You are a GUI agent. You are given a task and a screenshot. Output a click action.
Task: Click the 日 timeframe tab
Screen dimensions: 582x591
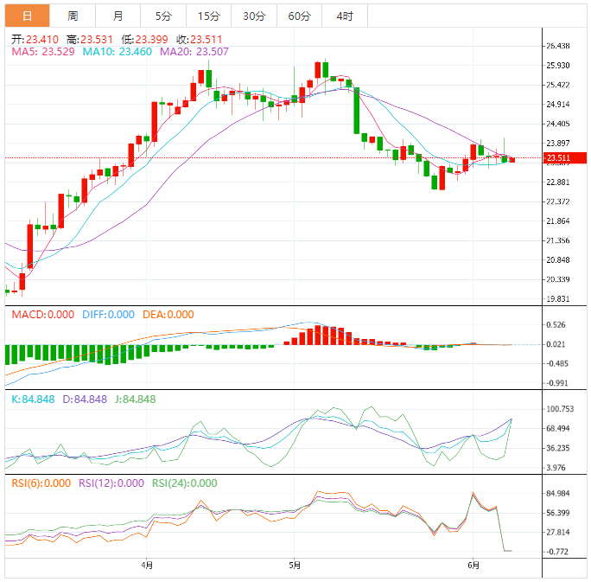point(28,16)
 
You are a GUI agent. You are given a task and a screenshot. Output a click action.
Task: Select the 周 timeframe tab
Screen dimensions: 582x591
point(73,16)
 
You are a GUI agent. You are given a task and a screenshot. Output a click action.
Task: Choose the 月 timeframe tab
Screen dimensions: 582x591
point(118,16)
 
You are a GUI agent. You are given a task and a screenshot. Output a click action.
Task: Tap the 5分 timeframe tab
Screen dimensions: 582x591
point(162,16)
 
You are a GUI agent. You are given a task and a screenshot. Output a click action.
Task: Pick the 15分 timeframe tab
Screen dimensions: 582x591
point(208,16)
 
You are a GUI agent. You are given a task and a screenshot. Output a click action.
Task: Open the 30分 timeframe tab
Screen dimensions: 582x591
point(254,16)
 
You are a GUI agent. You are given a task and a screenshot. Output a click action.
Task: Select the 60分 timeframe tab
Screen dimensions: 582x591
point(299,16)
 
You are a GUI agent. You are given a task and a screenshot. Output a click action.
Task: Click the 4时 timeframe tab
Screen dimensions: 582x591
point(344,16)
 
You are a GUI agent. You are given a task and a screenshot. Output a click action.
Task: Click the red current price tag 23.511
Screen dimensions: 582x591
point(563,158)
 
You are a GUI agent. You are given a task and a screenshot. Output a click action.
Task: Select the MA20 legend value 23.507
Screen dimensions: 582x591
point(197,52)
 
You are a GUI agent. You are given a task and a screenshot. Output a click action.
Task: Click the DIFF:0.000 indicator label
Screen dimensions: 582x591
point(109,315)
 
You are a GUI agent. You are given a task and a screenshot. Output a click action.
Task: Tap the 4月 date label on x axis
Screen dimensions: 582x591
point(147,566)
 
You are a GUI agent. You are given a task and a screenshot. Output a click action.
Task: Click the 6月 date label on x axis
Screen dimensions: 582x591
point(473,566)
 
